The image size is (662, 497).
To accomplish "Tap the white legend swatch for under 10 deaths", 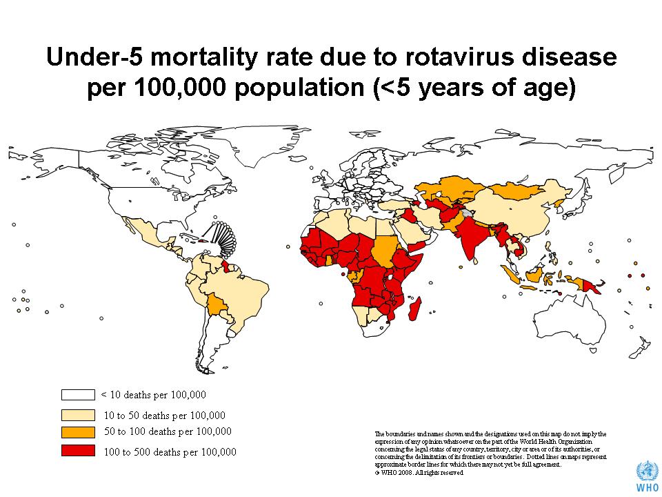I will [77, 395].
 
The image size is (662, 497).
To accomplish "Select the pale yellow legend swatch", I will [77, 415].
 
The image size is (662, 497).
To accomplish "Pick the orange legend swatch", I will [77, 432].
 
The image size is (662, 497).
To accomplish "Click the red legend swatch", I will [77, 451].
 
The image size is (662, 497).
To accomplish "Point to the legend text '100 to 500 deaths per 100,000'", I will [169, 452].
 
